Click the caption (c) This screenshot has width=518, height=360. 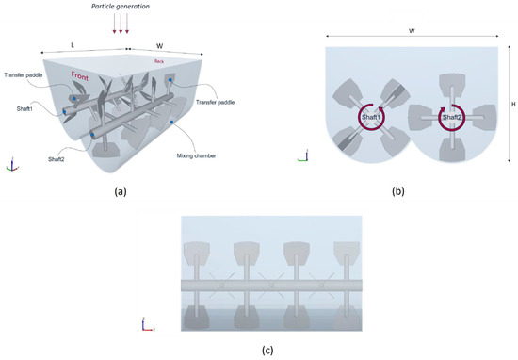(268, 351)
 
